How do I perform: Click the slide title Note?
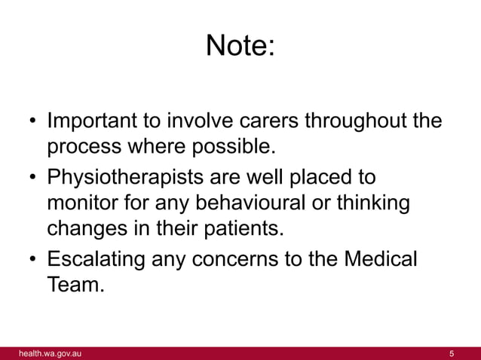point(240,47)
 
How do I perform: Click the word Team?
point(74,285)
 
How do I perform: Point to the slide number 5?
point(451,353)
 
